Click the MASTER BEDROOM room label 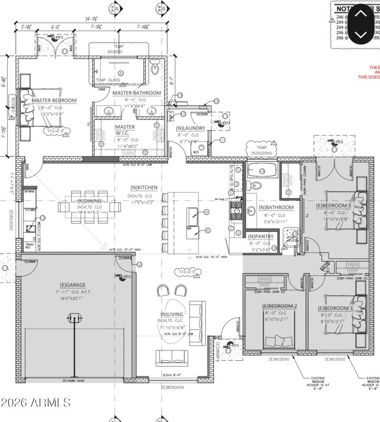54,101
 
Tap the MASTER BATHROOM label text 136,93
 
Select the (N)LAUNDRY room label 190,128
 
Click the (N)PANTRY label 260,236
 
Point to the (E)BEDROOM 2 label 279,306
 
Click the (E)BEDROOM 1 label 335,308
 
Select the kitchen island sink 193,217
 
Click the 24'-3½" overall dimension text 91,19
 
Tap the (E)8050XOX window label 172,387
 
